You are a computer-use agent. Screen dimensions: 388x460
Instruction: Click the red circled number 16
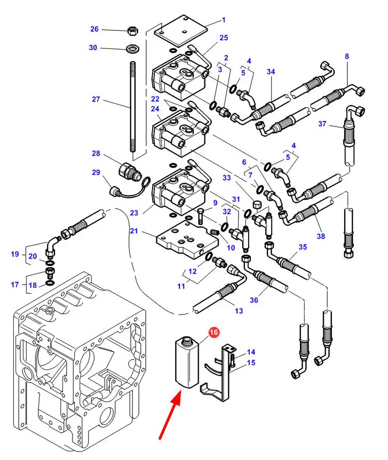213,332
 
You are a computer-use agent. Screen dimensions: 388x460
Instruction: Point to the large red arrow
170,416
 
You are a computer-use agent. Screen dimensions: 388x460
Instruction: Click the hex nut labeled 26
133,30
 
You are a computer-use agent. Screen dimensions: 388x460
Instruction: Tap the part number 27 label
96,100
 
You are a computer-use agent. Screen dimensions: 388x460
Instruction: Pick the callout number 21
134,231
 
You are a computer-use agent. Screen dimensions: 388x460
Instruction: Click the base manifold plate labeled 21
188,240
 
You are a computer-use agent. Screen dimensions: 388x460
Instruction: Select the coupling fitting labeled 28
129,171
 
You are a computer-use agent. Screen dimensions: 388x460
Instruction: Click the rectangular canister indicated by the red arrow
187,362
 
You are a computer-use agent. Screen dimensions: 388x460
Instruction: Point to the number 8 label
347,56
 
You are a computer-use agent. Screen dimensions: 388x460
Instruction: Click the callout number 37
322,124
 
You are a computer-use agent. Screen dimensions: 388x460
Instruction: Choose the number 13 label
239,311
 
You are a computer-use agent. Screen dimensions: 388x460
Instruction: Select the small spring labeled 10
215,232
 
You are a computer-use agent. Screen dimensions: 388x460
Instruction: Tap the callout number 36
254,300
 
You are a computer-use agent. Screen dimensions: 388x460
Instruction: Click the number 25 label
224,37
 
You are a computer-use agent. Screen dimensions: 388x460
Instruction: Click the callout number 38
321,236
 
